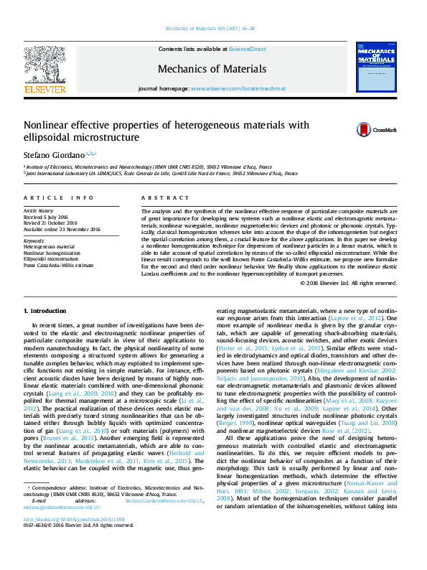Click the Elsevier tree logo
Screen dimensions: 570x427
(44, 65)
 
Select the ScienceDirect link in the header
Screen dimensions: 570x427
(247, 49)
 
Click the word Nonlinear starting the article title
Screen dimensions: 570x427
(46, 125)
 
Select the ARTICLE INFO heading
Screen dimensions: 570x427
(59, 197)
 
